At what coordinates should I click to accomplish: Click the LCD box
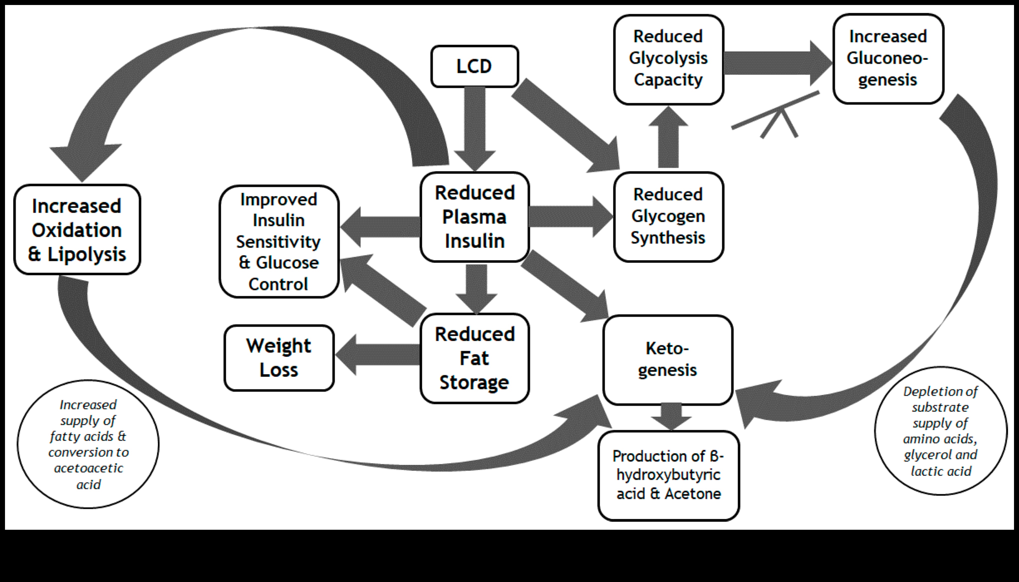[474, 66]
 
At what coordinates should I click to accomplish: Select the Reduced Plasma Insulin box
[474, 217]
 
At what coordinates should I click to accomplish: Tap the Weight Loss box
[279, 358]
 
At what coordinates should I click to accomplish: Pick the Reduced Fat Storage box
[474, 358]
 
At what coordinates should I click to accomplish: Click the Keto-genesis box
[668, 360]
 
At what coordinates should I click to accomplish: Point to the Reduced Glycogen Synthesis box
[668, 217]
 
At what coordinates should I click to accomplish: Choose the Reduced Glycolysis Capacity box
[668, 59]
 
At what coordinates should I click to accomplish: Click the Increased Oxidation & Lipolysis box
[77, 230]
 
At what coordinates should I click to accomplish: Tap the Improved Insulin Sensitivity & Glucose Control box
[279, 241]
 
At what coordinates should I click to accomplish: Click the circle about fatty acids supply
[88, 444]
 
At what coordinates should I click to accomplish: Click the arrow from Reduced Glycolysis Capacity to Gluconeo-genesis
[777, 63]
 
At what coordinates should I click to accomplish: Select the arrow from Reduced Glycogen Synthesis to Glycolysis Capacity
[668, 138]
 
